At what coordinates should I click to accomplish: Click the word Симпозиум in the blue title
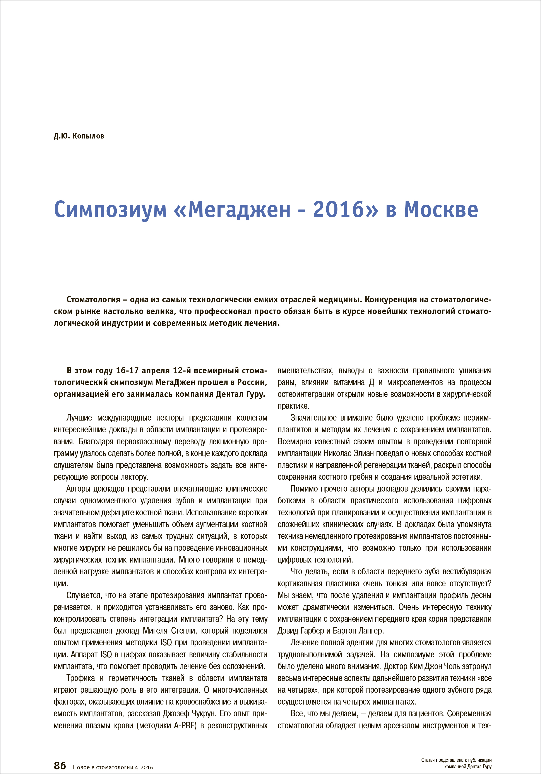[110, 210]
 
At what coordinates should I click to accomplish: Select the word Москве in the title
[441, 210]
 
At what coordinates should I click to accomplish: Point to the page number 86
[60, 765]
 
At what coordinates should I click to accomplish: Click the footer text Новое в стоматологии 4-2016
[113, 767]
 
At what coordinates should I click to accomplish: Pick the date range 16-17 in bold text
[127, 371]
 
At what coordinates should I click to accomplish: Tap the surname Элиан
[365, 453]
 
